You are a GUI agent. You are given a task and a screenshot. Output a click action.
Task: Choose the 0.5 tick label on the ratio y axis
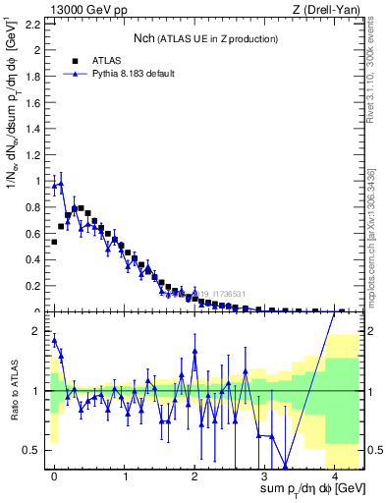30,450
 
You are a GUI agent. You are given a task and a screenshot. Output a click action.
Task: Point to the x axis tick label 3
264,476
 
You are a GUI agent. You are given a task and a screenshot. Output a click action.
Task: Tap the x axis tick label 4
334,476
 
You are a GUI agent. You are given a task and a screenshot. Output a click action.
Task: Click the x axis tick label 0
54,476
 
